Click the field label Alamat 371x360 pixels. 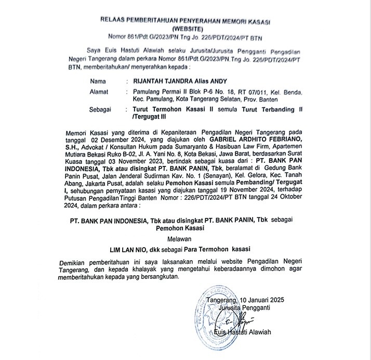100,92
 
